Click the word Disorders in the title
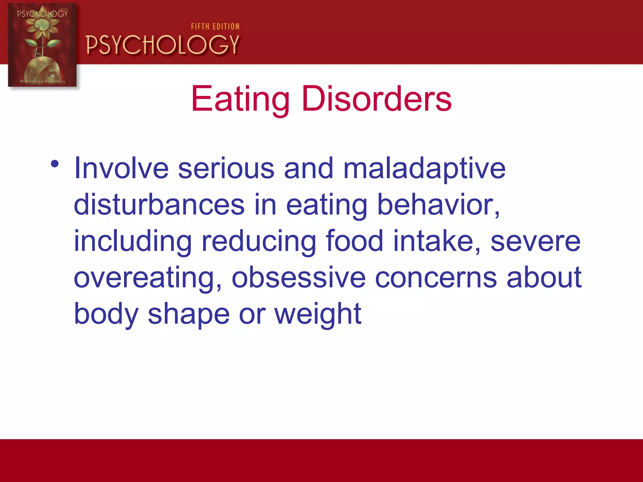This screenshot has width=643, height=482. click(x=376, y=99)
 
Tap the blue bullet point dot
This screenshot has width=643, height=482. click(x=55, y=164)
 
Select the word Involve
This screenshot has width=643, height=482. click(x=121, y=169)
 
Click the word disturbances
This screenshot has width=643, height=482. click(x=159, y=205)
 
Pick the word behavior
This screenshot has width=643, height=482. click(x=438, y=205)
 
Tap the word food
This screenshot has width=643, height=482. click(x=354, y=241)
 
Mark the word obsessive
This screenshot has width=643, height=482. click(x=299, y=277)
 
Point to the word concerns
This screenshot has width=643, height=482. click(x=436, y=277)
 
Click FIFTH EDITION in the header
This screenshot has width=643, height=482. click(x=215, y=27)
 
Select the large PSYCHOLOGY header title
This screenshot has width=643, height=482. click(x=163, y=45)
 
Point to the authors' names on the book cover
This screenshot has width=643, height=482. click(x=42, y=81)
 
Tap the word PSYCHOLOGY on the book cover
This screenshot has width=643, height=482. click(x=42, y=13)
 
